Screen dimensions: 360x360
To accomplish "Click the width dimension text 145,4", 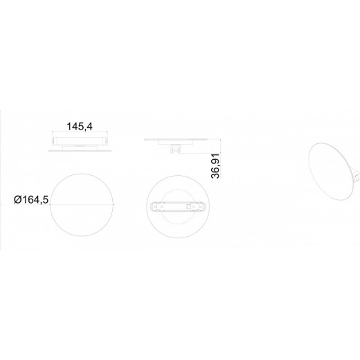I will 80,127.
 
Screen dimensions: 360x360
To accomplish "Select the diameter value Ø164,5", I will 31,201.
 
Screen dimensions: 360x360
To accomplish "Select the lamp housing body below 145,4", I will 80,141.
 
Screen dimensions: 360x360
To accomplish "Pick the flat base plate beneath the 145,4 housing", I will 80,147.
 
